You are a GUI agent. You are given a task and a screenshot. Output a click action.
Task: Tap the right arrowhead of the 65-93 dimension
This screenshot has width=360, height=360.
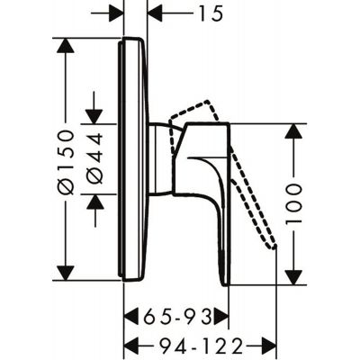click(222, 316)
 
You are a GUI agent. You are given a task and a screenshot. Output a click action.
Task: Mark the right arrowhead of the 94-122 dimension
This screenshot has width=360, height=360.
click(267, 345)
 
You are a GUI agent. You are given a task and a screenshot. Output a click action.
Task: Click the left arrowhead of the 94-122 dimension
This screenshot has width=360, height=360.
click(130, 345)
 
